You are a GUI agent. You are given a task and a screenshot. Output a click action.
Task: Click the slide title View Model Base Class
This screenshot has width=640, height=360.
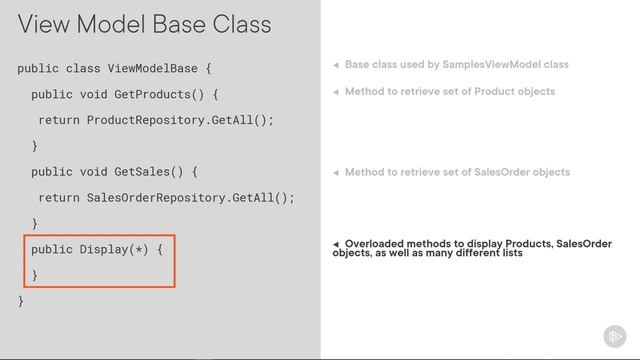144,23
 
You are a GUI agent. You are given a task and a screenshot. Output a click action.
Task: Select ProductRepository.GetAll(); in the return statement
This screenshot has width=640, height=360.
180,120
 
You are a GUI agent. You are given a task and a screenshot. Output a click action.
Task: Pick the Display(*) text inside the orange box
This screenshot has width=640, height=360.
114,249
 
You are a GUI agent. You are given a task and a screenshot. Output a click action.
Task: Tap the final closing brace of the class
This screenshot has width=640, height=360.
21,300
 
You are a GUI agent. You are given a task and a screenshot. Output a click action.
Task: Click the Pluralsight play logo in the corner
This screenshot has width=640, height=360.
614,336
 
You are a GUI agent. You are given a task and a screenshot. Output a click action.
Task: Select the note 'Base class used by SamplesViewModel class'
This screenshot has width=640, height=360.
456,65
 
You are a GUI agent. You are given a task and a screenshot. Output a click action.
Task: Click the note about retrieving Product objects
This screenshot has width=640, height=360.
449,91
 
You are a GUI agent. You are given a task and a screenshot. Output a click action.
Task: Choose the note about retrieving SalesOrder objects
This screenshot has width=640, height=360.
457,172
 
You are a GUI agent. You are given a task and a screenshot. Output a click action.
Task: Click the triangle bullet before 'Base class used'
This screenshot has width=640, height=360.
336,65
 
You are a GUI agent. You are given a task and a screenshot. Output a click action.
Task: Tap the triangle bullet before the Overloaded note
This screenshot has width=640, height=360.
336,244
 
